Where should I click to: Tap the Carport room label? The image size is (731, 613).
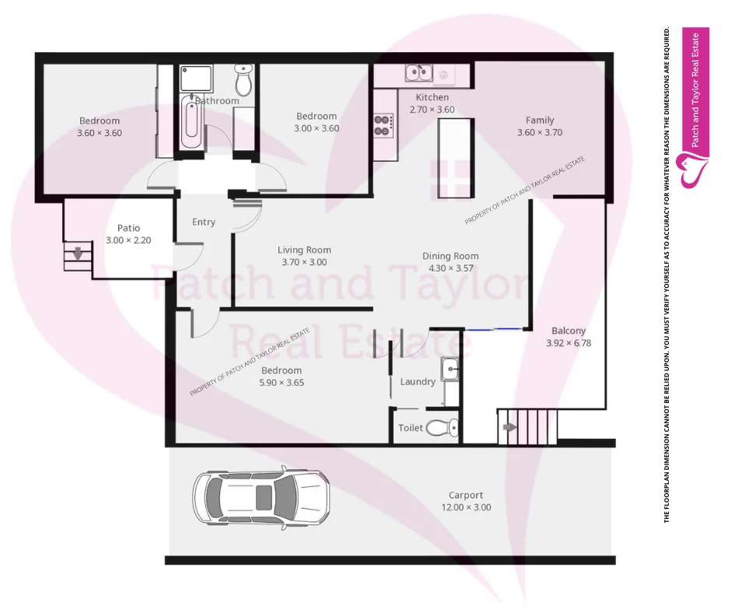[466, 495]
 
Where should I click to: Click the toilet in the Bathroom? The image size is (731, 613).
[243, 79]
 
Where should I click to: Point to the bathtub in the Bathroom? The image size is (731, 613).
[191, 123]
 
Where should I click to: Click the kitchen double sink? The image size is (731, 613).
[418, 74]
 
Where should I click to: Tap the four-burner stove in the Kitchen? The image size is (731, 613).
[383, 125]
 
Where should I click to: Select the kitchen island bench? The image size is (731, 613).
[455, 159]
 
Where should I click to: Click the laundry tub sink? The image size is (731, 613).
[450, 369]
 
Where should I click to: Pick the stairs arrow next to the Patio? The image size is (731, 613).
[77, 254]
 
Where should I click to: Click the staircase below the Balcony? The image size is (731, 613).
[527, 426]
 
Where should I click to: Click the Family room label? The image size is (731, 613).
[540, 120]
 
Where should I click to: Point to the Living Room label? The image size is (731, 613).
[304, 250]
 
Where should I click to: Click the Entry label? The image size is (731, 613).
[204, 222]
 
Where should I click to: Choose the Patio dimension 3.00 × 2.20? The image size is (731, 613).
[128, 240]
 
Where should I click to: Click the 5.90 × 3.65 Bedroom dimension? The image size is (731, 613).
[281, 383]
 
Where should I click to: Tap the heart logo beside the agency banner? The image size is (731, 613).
[694, 170]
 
